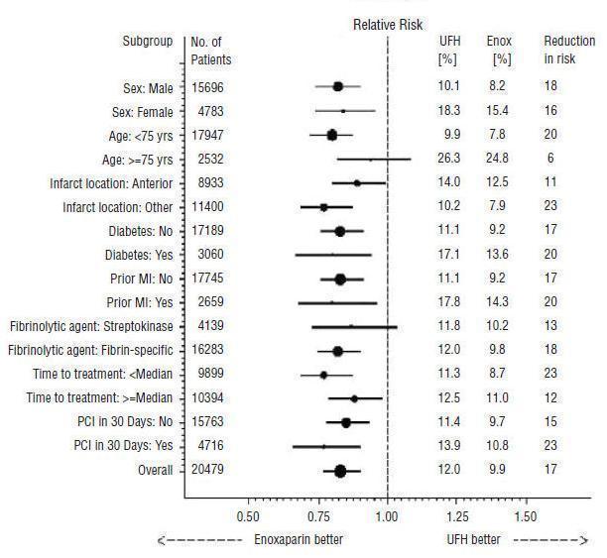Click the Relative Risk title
click(387, 26)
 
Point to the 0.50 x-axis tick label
click(247, 516)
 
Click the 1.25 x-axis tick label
click(457, 516)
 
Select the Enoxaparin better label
click(299, 539)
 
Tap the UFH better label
click(474, 539)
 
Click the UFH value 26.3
click(449, 160)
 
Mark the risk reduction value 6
click(550, 160)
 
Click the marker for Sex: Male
click(337, 87)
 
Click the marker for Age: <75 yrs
click(332, 135)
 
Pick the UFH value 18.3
click(449, 111)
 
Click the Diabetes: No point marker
click(340, 231)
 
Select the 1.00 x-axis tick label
click(387, 516)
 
